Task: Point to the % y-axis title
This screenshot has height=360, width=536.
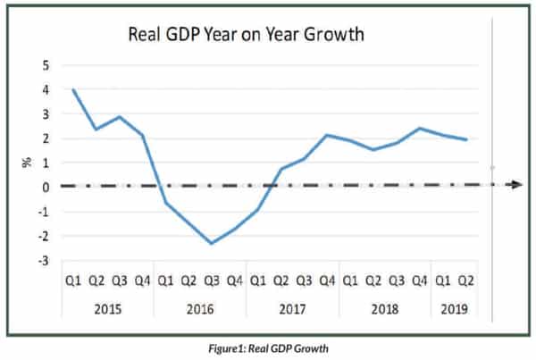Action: tap(28, 163)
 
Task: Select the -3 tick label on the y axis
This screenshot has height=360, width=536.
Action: tap(43, 261)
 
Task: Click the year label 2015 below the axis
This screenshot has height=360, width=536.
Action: tap(107, 310)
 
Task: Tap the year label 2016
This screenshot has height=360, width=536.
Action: tap(200, 310)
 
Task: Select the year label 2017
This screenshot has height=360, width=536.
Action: tap(293, 310)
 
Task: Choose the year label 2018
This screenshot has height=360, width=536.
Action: tap(386, 310)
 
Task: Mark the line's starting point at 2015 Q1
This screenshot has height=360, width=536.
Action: tap(73, 89)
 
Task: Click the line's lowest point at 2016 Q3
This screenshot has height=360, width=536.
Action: tap(212, 243)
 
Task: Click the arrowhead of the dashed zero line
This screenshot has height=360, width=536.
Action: tap(516, 184)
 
